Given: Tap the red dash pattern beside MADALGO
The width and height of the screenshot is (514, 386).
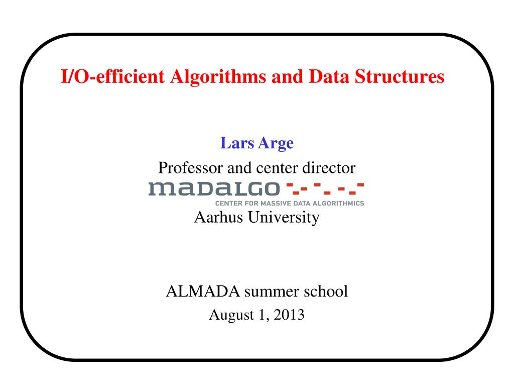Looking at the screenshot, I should [324, 189].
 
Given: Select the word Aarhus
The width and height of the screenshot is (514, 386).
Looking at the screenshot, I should [215, 217].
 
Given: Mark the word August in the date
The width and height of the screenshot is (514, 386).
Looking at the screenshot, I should [226, 316].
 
